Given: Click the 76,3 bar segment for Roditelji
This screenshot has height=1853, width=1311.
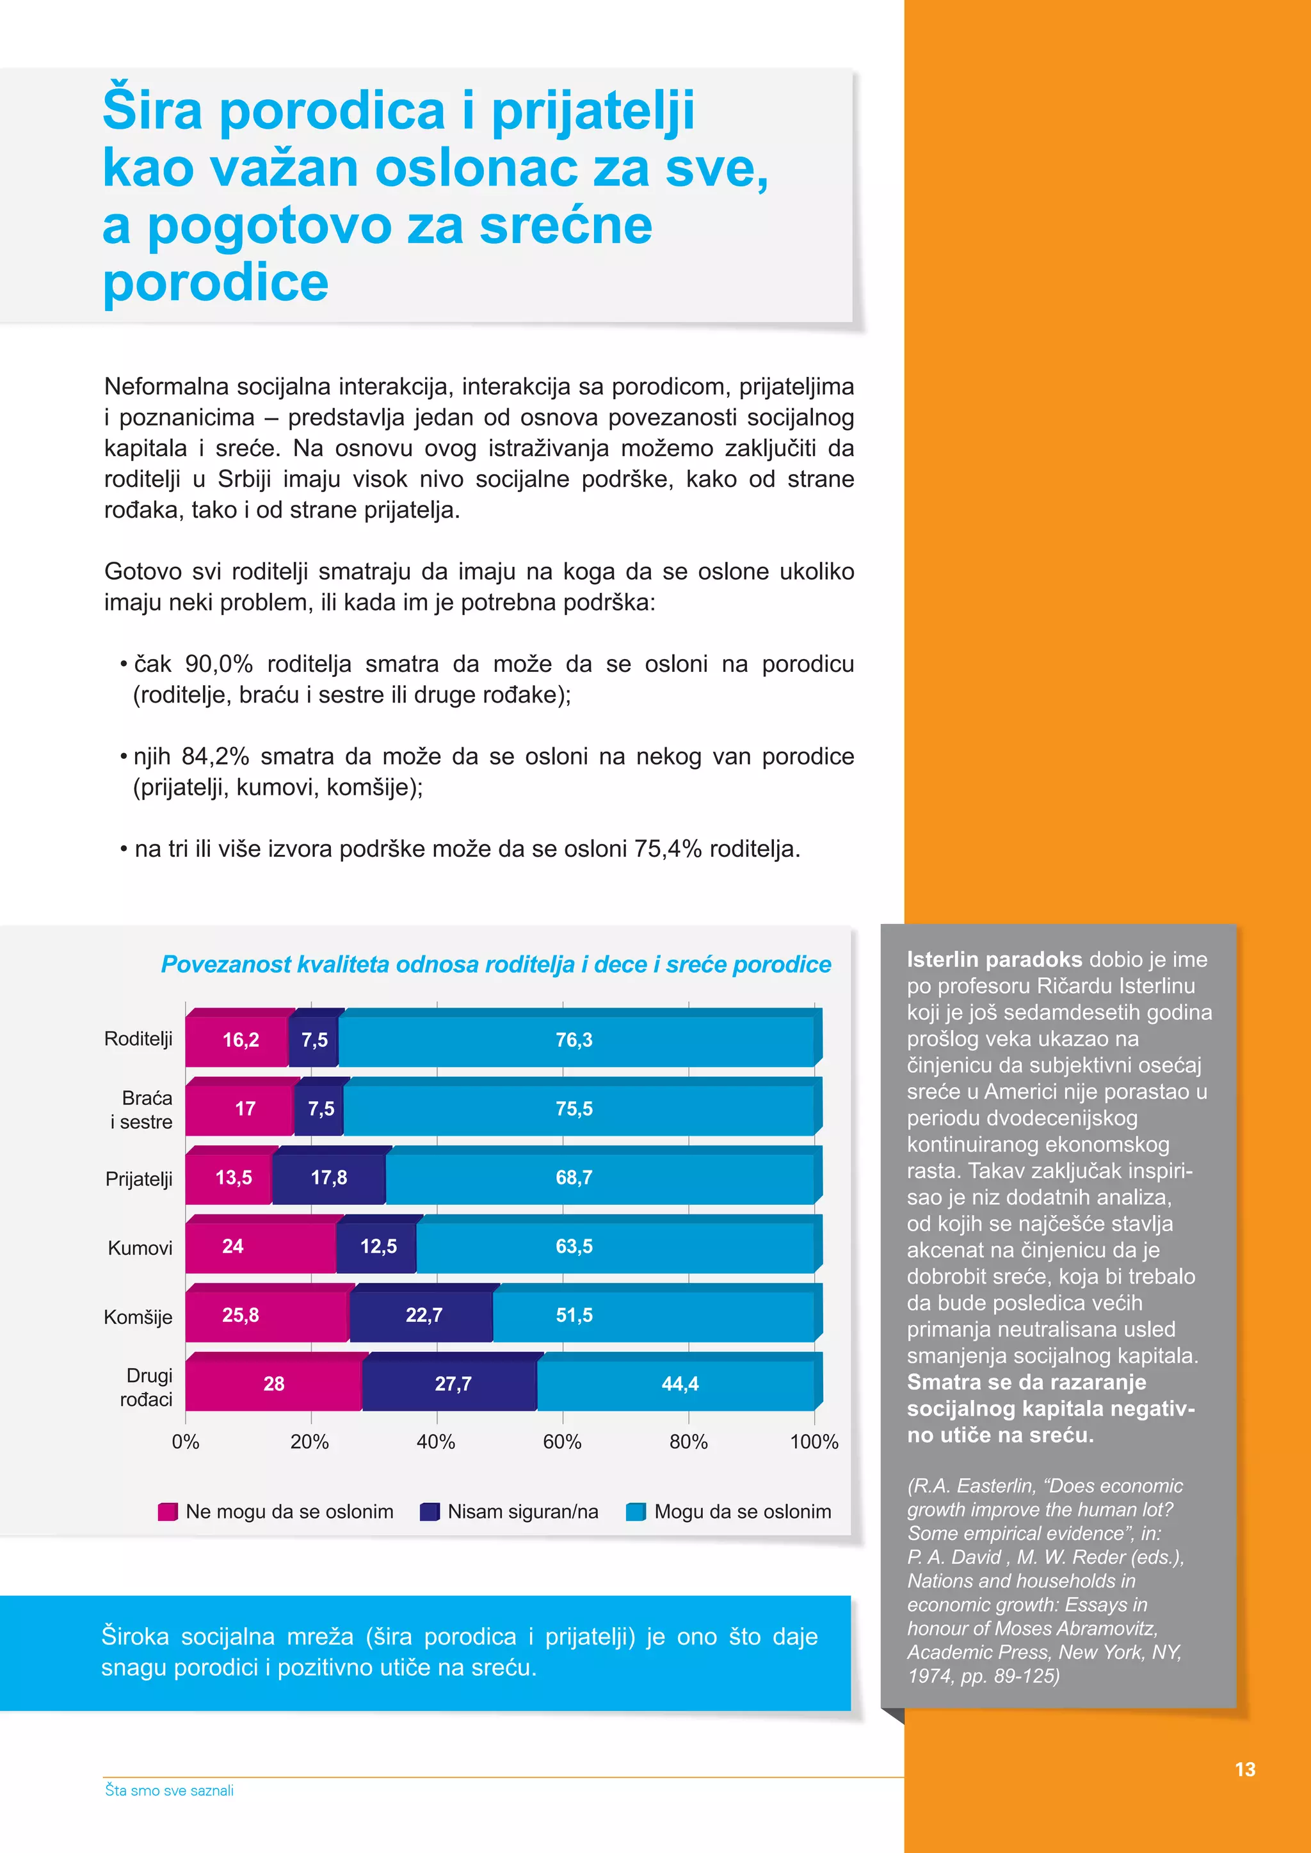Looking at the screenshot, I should tap(575, 1040).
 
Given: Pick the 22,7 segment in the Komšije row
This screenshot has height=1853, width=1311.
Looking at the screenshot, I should tap(423, 1316).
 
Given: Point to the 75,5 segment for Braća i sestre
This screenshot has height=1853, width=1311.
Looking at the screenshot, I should tap(575, 1109).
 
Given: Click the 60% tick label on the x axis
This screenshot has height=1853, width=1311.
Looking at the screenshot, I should tap(562, 1442).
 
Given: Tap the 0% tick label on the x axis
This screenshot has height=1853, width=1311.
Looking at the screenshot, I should tap(186, 1442).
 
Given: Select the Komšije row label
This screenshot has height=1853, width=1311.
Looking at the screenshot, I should tap(138, 1317).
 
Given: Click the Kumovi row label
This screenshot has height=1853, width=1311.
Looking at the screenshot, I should tap(140, 1248).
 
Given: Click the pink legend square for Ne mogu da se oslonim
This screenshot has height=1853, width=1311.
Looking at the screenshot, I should tap(167, 1511).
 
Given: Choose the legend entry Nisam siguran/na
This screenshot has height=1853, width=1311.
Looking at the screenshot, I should tap(522, 1511).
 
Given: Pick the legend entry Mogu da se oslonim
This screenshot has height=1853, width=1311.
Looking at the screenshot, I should tap(742, 1511).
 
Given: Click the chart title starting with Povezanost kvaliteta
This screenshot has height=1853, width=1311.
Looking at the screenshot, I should tap(495, 964).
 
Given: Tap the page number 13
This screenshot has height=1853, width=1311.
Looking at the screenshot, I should tap(1245, 1769).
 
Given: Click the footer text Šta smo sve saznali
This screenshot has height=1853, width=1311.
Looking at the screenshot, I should tap(170, 1790).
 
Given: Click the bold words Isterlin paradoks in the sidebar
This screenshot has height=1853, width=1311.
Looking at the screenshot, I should tap(993, 960).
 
